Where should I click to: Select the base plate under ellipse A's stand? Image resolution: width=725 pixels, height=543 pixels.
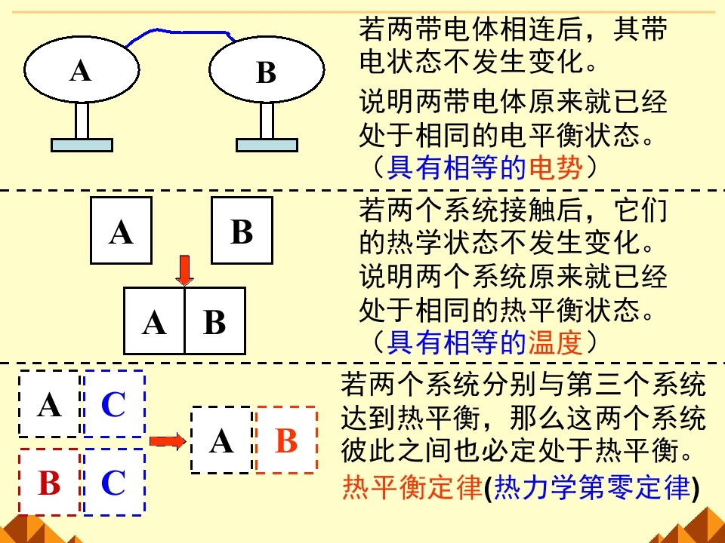(x=82, y=144)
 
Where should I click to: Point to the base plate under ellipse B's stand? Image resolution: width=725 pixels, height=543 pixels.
(x=267, y=144)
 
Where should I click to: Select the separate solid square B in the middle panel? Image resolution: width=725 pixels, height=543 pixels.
(x=242, y=231)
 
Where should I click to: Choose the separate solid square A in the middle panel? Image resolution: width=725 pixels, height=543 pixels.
(x=121, y=231)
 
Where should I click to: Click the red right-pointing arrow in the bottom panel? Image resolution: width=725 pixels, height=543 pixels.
(x=167, y=441)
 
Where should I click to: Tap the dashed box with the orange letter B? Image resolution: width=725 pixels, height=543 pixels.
(x=286, y=440)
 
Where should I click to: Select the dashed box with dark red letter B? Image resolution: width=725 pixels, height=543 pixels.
(x=49, y=482)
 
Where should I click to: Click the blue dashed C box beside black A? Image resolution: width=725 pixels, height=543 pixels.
(x=113, y=404)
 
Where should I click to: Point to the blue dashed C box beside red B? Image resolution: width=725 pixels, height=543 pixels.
(x=113, y=482)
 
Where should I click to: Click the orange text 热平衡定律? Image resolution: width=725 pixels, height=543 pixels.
(x=412, y=489)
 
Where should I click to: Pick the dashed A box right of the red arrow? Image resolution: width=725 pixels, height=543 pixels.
(x=221, y=440)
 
